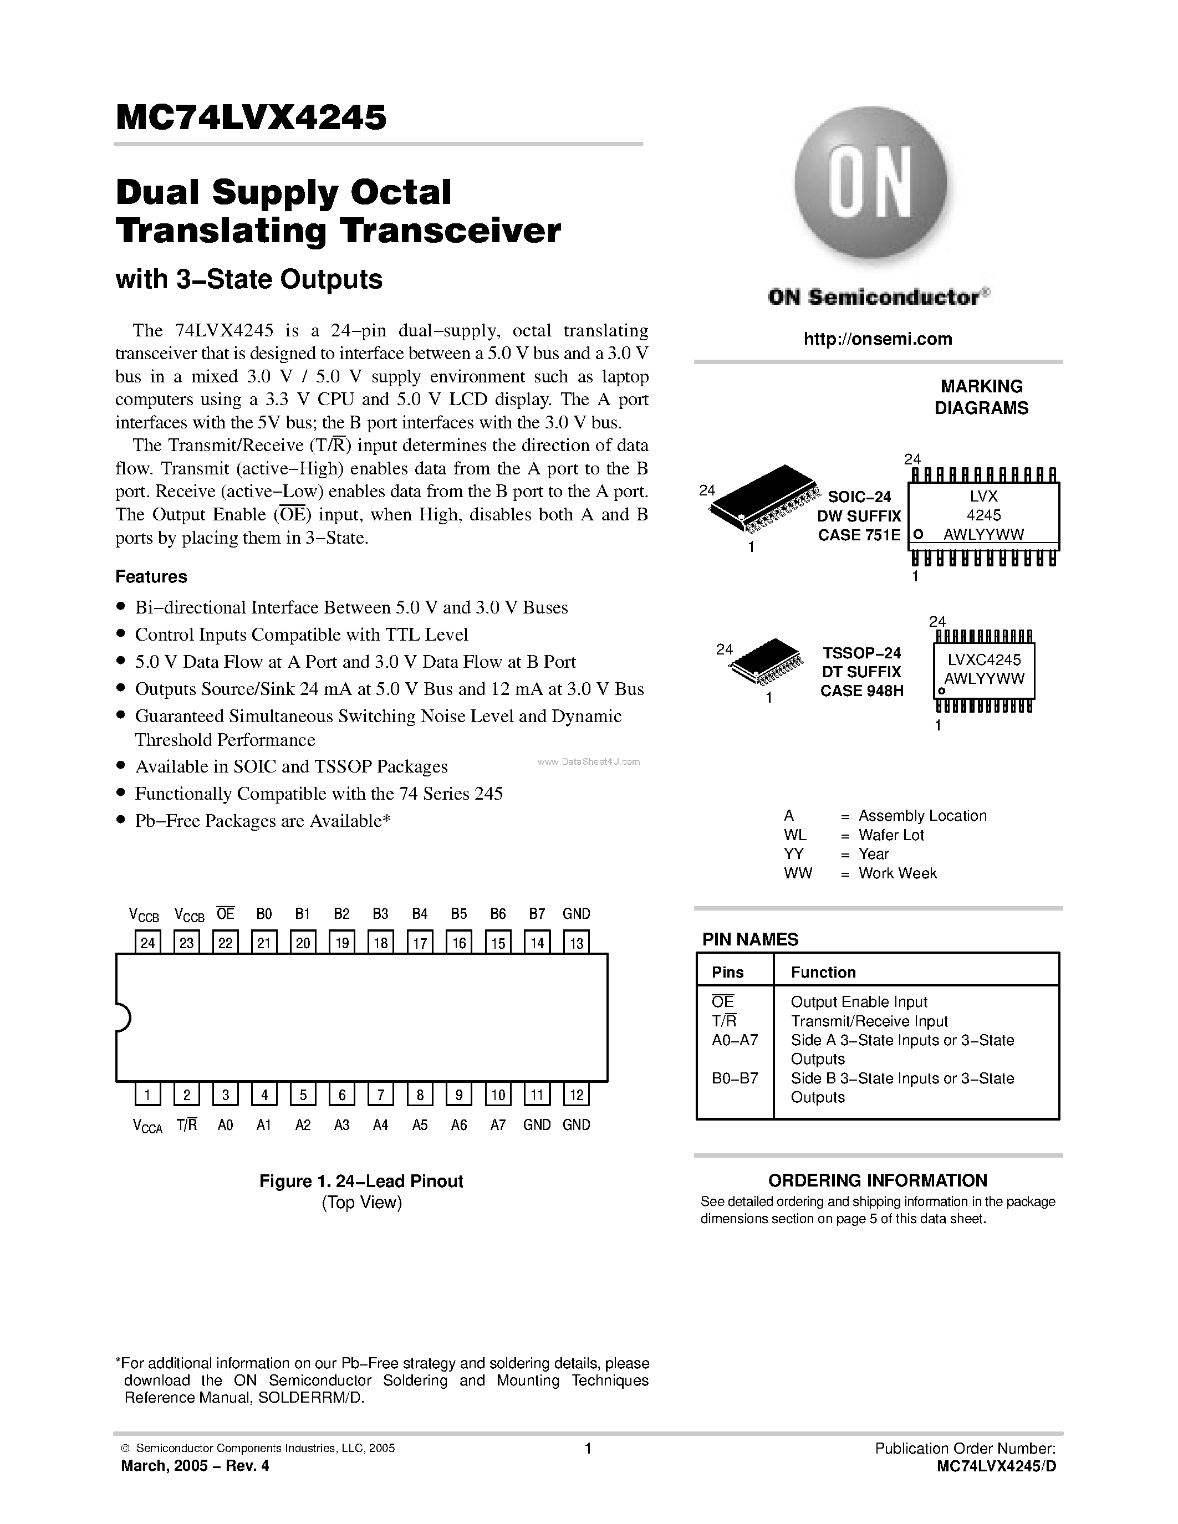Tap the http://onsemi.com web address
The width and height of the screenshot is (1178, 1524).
click(877, 339)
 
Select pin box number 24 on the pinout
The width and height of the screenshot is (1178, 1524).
click(148, 943)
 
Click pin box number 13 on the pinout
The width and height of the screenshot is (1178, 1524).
click(577, 943)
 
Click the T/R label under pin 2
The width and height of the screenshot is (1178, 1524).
click(186, 1124)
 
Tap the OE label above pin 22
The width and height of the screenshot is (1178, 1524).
click(226, 913)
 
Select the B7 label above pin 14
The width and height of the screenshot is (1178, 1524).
click(537, 913)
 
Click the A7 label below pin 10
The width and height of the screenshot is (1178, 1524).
click(498, 1125)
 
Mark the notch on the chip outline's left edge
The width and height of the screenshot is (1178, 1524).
click(123, 1017)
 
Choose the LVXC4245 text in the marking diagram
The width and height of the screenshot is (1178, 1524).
click(984, 659)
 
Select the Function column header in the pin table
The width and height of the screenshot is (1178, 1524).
click(823, 972)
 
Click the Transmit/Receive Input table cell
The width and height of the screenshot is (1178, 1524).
click(869, 1021)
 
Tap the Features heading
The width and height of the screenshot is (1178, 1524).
click(151, 576)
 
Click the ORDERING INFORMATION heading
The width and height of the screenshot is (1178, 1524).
click(877, 1180)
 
